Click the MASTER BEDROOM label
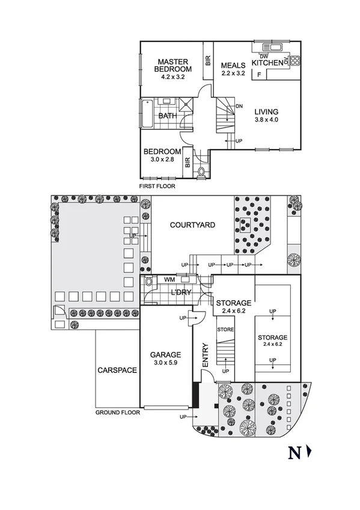click(173, 65)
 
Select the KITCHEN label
click(267, 63)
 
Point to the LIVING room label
click(266, 111)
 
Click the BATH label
click(167, 116)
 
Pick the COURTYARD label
click(192, 226)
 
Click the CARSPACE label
click(117, 370)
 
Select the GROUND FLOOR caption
click(118, 413)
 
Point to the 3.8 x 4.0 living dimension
click(266, 119)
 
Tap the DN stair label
click(239, 106)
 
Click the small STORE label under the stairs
click(225, 329)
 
